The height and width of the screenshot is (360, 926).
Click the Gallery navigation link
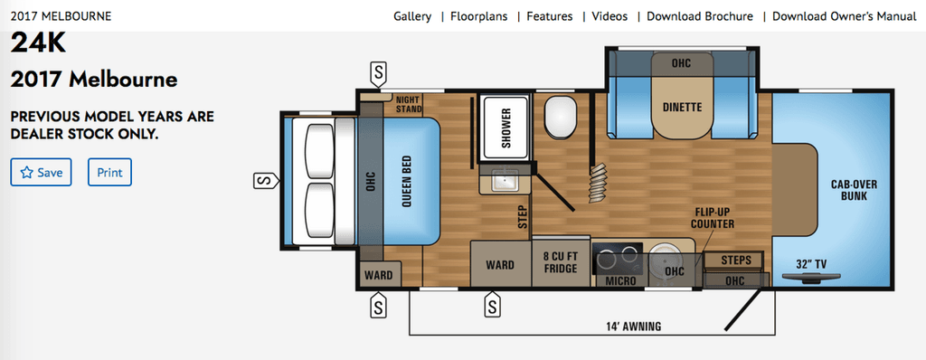click(x=411, y=16)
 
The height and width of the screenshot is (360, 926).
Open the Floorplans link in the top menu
click(x=478, y=16)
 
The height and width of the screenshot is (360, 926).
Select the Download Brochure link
click(x=699, y=16)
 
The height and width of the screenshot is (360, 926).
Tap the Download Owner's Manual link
click(x=843, y=16)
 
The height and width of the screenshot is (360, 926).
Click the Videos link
click(x=610, y=16)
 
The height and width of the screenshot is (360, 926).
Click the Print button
click(x=109, y=172)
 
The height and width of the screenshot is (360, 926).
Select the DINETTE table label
click(x=682, y=107)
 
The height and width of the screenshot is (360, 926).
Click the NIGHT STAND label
click(x=409, y=104)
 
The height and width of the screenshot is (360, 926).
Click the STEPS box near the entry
click(x=736, y=261)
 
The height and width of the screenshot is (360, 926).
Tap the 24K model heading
click(x=38, y=43)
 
